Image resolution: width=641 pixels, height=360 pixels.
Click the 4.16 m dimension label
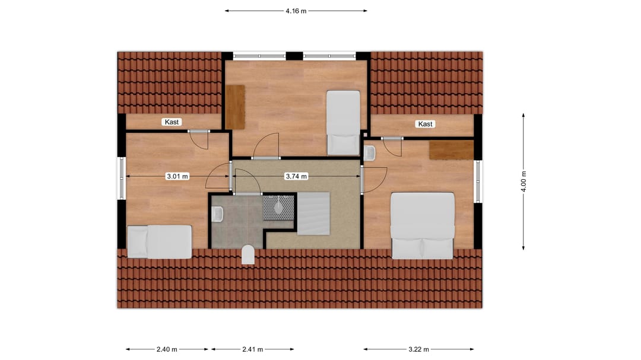tap(296, 11)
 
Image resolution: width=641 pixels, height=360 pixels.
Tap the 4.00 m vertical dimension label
tap(523, 181)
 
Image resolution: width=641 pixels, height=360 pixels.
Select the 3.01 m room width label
tap(177, 176)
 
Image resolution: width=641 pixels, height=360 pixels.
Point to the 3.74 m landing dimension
tap(296, 176)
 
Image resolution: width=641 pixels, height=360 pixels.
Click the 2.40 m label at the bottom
tap(167, 349)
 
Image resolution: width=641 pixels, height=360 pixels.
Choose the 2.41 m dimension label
tap(253, 349)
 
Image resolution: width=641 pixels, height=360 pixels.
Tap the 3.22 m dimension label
tap(418, 349)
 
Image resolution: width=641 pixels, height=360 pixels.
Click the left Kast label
tap(172, 122)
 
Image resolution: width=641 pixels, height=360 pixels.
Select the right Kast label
tap(426, 124)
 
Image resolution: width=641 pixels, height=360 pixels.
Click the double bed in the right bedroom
tap(423, 225)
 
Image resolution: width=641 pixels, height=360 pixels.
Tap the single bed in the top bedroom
tap(343, 122)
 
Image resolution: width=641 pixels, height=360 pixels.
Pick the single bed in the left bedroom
tap(160, 241)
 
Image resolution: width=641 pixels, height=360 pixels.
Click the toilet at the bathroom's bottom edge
tap(248, 255)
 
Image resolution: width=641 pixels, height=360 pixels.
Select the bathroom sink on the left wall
tap(217, 214)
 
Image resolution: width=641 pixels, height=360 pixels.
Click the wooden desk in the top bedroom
tap(236, 107)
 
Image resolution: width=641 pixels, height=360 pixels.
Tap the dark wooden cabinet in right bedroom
tap(451, 150)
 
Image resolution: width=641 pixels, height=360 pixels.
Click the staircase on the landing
tap(313, 213)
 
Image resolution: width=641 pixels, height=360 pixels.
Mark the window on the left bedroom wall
tap(121, 178)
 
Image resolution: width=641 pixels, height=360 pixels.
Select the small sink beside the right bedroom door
tap(370, 153)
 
